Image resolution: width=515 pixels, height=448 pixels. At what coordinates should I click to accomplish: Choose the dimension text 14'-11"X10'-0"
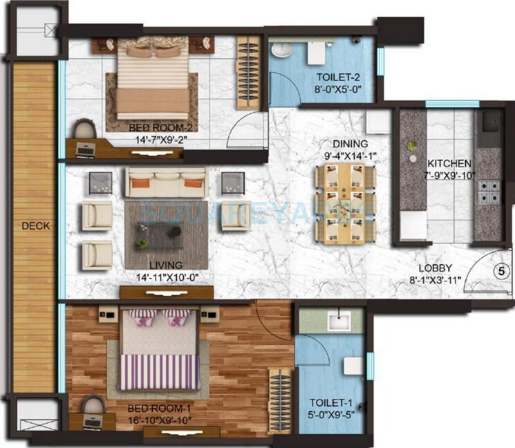[161, 277]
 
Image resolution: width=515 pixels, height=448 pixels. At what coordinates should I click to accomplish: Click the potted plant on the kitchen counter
[413, 146]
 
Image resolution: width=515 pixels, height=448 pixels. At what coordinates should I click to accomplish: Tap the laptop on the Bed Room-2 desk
[86, 147]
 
